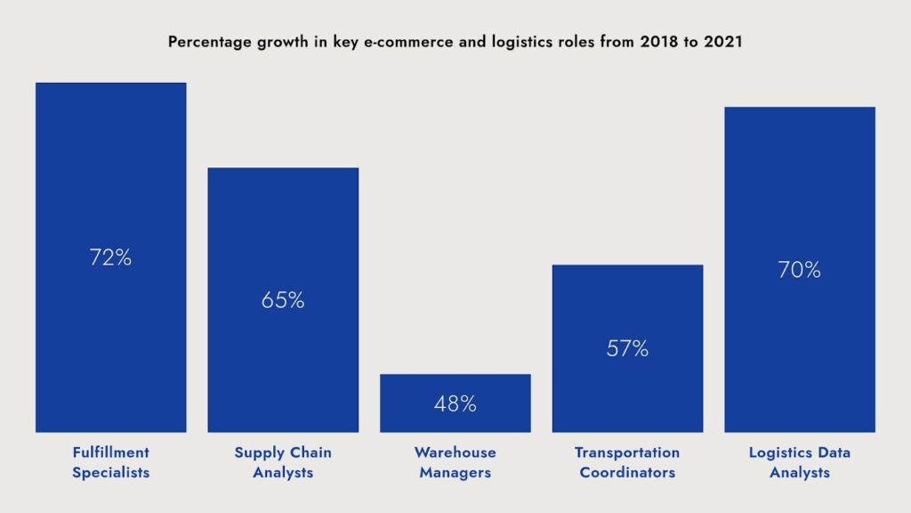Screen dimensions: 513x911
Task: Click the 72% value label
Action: pos(110,258)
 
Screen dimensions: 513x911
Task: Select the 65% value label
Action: pos(283,301)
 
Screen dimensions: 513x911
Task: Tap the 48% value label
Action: pos(455,403)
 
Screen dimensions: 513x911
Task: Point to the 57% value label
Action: pos(627,349)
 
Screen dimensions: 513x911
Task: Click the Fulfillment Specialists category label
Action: pos(110,462)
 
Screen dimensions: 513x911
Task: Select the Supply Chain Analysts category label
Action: pos(283,462)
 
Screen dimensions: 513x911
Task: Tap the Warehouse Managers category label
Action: pos(455,462)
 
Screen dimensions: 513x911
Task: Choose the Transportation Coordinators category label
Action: pos(627,462)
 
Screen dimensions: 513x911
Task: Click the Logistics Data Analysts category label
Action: pos(800,462)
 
